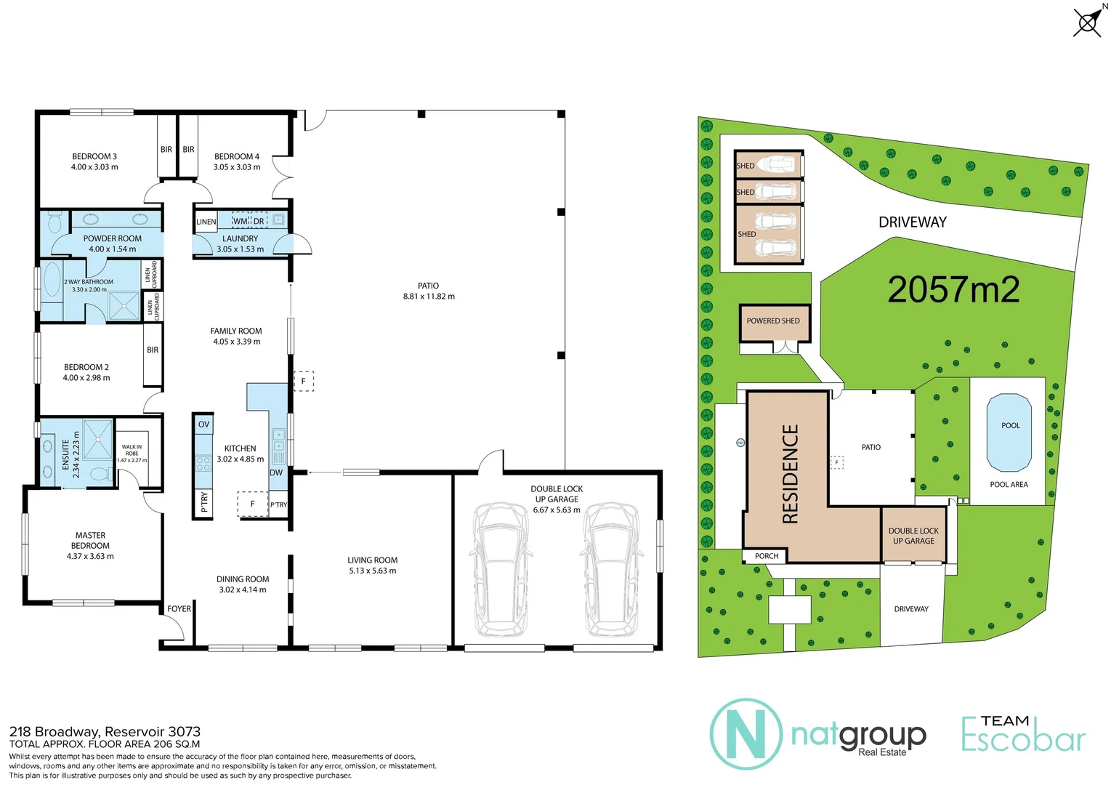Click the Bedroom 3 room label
pos(94,156)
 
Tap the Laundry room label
pos(240,238)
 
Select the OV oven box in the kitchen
pos(203,424)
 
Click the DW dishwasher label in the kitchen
pos(276,472)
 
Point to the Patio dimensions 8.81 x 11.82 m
pos(429,297)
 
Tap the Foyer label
pos(179,609)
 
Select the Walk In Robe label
pos(132,451)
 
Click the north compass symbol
pos(1088,23)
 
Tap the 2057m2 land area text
pos(953,290)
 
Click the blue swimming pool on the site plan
pos(1009,432)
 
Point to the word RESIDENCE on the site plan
pos(790,474)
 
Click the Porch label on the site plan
pos(766,556)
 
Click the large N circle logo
pos(746,734)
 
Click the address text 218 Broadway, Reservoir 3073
pos(105,732)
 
